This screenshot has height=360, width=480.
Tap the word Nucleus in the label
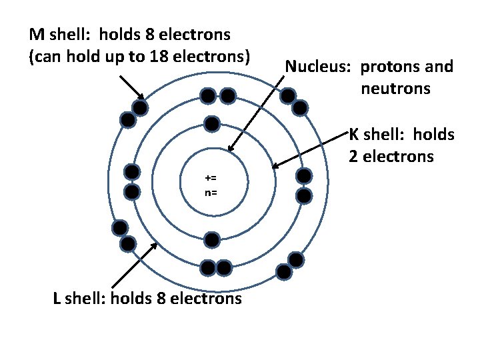[319, 67]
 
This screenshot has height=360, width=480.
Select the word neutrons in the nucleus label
[397, 88]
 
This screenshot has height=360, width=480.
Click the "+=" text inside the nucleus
[211, 178]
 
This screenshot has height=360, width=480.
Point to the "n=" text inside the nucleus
[211, 193]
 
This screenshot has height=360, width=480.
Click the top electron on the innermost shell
[212, 124]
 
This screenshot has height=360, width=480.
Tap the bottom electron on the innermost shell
[212, 239]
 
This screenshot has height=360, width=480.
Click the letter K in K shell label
[355, 135]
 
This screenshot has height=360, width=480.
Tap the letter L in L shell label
[57, 298]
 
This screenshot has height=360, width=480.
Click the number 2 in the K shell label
[353, 157]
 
